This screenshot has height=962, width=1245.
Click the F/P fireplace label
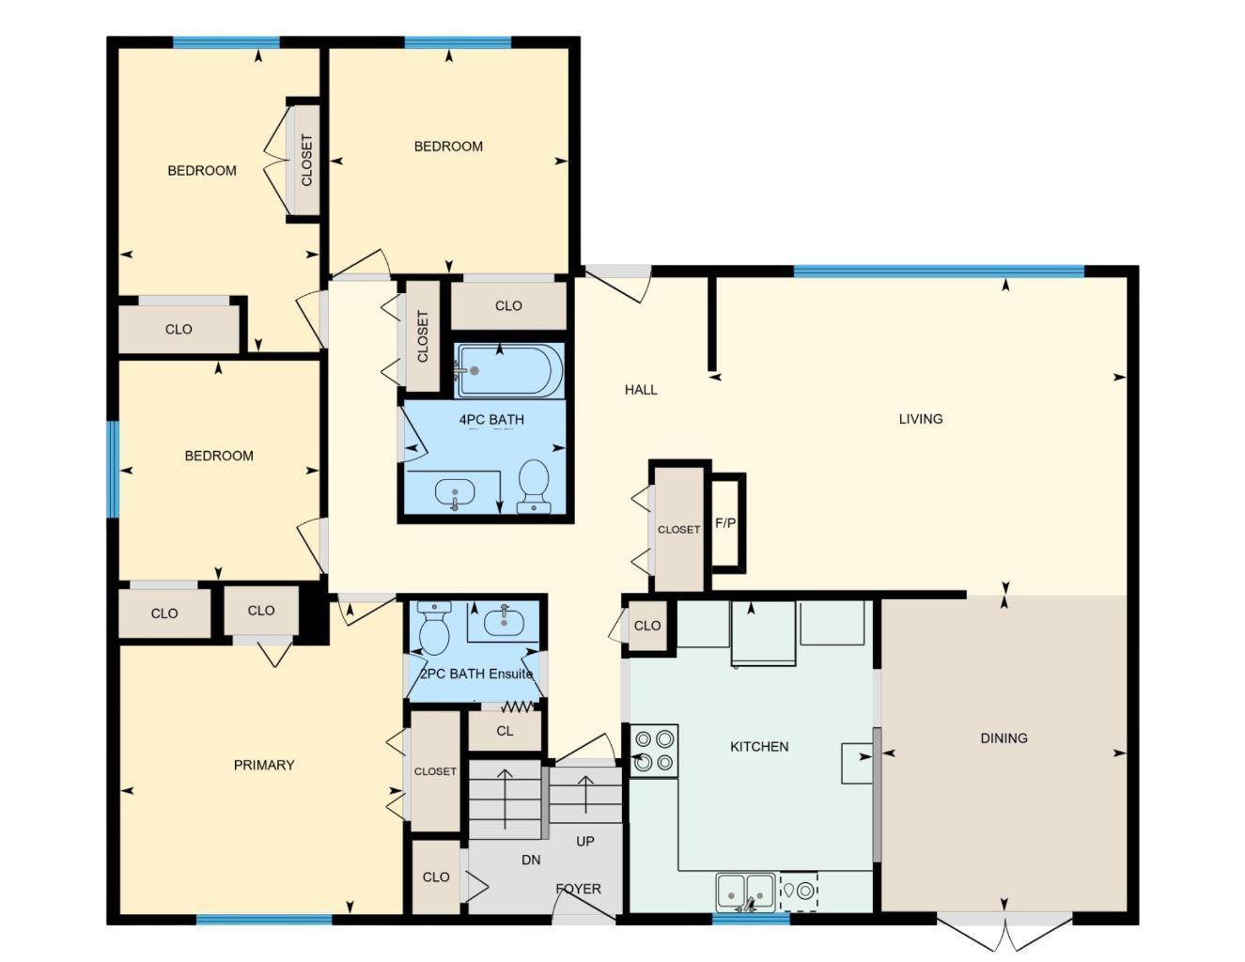(725, 523)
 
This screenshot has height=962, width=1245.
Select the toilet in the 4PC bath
(534, 485)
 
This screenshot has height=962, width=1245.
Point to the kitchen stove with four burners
(654, 751)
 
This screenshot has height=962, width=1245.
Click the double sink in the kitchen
(746, 890)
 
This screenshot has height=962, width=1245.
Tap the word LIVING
(920, 419)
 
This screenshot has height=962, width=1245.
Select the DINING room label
(1004, 738)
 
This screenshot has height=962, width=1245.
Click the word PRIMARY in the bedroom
(264, 766)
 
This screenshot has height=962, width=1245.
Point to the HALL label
(641, 390)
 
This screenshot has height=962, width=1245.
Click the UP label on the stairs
(584, 842)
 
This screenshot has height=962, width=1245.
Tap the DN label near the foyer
(531, 860)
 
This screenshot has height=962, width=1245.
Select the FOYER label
(578, 889)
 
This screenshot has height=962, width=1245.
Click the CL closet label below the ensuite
(505, 731)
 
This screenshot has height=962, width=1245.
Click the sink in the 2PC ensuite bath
(505, 620)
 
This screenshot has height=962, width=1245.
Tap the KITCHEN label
(759, 747)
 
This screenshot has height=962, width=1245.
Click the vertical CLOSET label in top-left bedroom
(306, 160)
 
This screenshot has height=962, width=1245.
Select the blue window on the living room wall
(938, 272)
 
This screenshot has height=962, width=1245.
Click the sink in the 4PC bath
(456, 492)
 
